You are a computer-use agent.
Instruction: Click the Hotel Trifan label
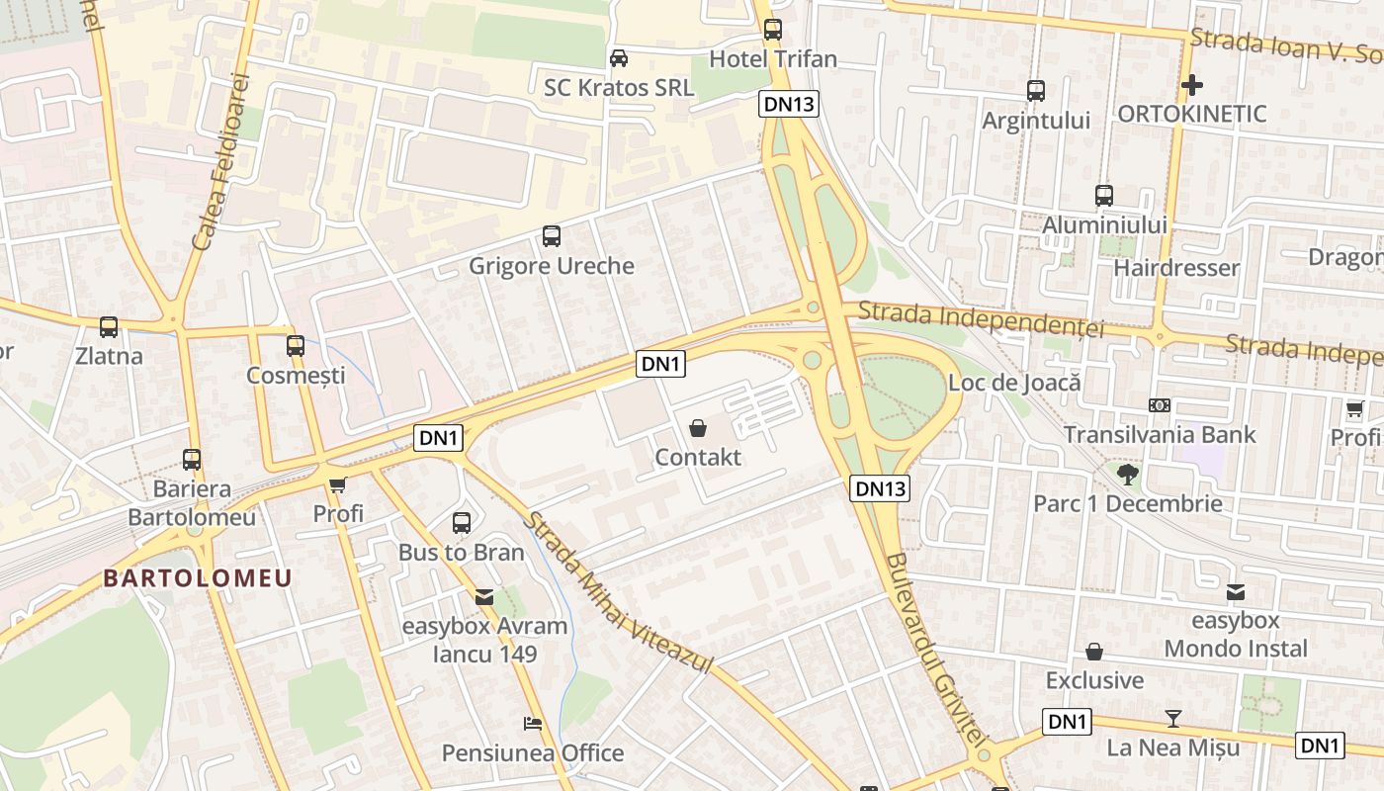pyautogui.click(x=773, y=59)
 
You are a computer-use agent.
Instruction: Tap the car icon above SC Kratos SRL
pyautogui.click(x=619, y=57)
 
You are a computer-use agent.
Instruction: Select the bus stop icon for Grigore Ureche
pyautogui.click(x=552, y=236)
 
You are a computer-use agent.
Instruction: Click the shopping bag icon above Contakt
pyautogui.click(x=698, y=428)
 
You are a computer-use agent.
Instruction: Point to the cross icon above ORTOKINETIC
pyautogui.click(x=1192, y=84)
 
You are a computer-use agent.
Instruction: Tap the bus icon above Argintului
pyautogui.click(x=1036, y=91)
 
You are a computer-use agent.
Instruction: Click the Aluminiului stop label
pyautogui.click(x=1104, y=225)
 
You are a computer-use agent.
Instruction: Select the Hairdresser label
pyautogui.click(x=1175, y=268)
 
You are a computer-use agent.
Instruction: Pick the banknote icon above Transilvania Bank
pyautogui.click(x=1160, y=405)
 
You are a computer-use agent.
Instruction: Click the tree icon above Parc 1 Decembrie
pyautogui.click(x=1127, y=474)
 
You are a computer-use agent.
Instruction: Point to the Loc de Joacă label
pyautogui.click(x=1014, y=383)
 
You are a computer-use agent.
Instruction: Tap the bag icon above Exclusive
pyautogui.click(x=1094, y=652)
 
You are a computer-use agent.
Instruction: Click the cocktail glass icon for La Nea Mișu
pyautogui.click(x=1173, y=718)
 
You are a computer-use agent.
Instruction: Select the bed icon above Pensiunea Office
pyautogui.click(x=533, y=724)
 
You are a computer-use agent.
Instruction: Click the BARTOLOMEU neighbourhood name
pyautogui.click(x=198, y=578)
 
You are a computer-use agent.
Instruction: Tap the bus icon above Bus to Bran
pyautogui.click(x=462, y=523)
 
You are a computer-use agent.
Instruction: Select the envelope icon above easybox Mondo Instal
pyautogui.click(x=1236, y=592)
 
